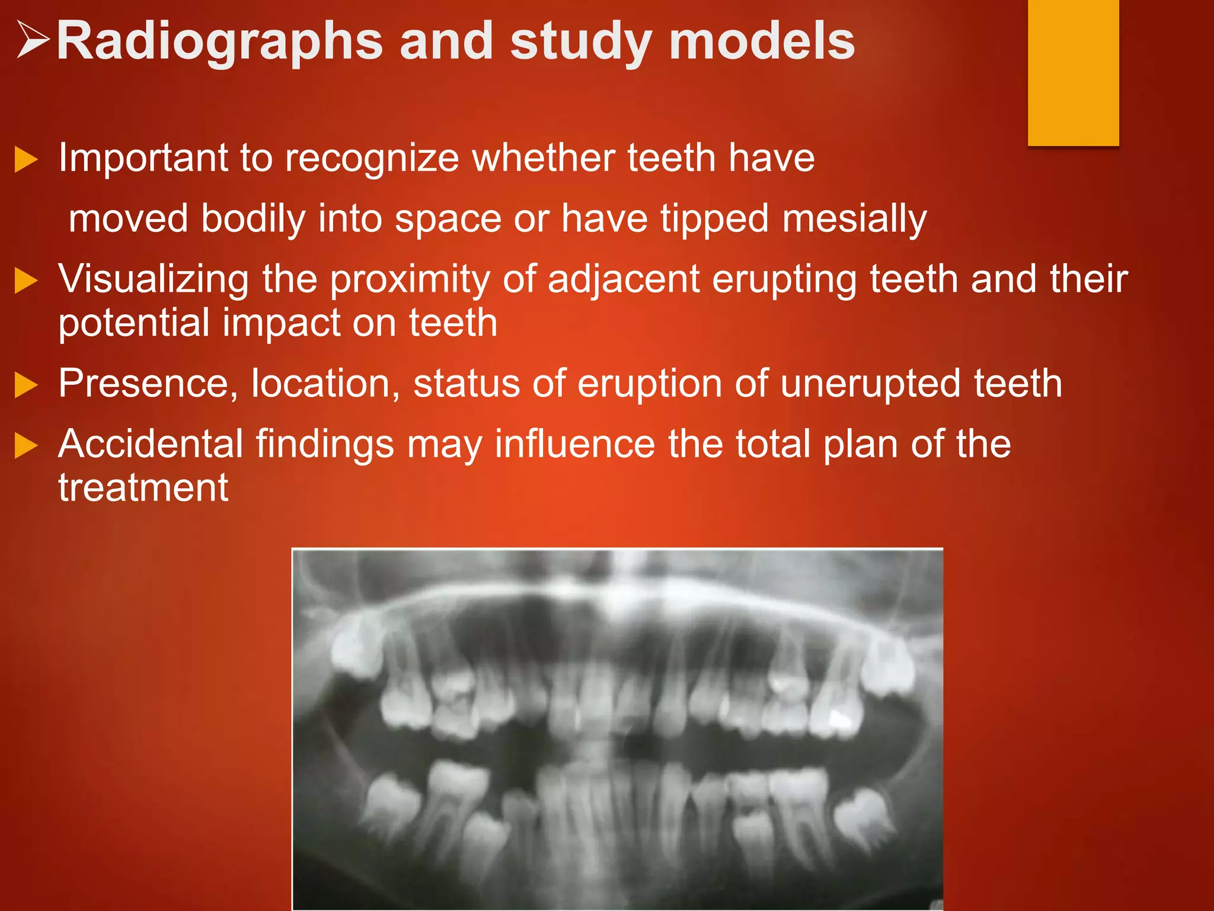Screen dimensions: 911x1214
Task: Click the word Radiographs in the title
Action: tap(219, 42)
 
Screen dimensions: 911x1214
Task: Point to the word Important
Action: tap(143, 158)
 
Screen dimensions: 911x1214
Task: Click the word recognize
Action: tap(372, 158)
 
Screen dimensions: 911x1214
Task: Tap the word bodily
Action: tap(253, 219)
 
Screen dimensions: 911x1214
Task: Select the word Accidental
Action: tap(151, 444)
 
